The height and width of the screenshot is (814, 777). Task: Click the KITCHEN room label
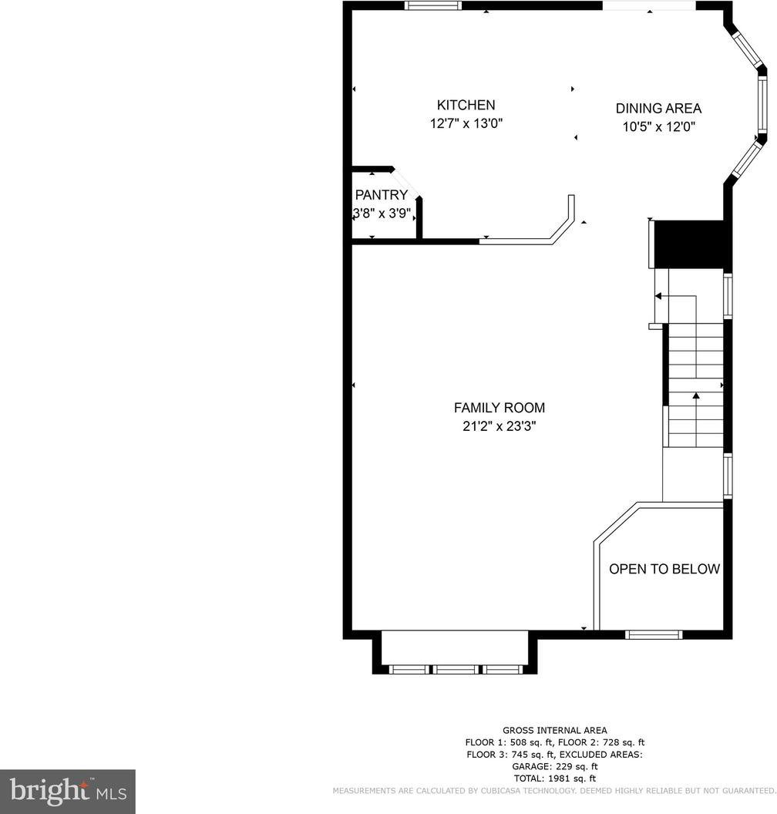(x=466, y=105)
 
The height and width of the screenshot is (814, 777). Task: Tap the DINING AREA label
(x=658, y=109)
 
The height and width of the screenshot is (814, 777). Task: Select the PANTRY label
(x=381, y=195)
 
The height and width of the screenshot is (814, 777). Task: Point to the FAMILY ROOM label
(x=499, y=408)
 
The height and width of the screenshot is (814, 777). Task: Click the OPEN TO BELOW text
(x=664, y=569)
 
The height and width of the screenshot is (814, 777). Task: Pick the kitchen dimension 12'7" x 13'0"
(x=466, y=123)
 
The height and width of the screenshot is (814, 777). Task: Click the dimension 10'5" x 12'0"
(x=658, y=126)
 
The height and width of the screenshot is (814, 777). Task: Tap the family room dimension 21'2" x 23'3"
(x=499, y=426)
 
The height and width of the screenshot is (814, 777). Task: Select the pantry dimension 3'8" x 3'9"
(x=382, y=213)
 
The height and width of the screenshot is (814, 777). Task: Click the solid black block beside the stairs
(x=689, y=244)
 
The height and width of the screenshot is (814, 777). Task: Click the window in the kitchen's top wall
(x=433, y=5)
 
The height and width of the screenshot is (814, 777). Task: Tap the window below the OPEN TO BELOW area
(x=654, y=634)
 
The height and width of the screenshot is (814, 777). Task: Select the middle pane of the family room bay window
(x=456, y=669)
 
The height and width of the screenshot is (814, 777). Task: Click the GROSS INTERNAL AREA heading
(x=554, y=731)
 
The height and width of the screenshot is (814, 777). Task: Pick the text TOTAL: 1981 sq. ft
(x=554, y=779)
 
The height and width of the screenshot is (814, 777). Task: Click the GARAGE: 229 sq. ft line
(x=554, y=766)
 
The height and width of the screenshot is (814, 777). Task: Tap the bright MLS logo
(x=68, y=791)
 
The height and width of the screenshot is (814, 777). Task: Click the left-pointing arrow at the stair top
(x=674, y=296)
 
